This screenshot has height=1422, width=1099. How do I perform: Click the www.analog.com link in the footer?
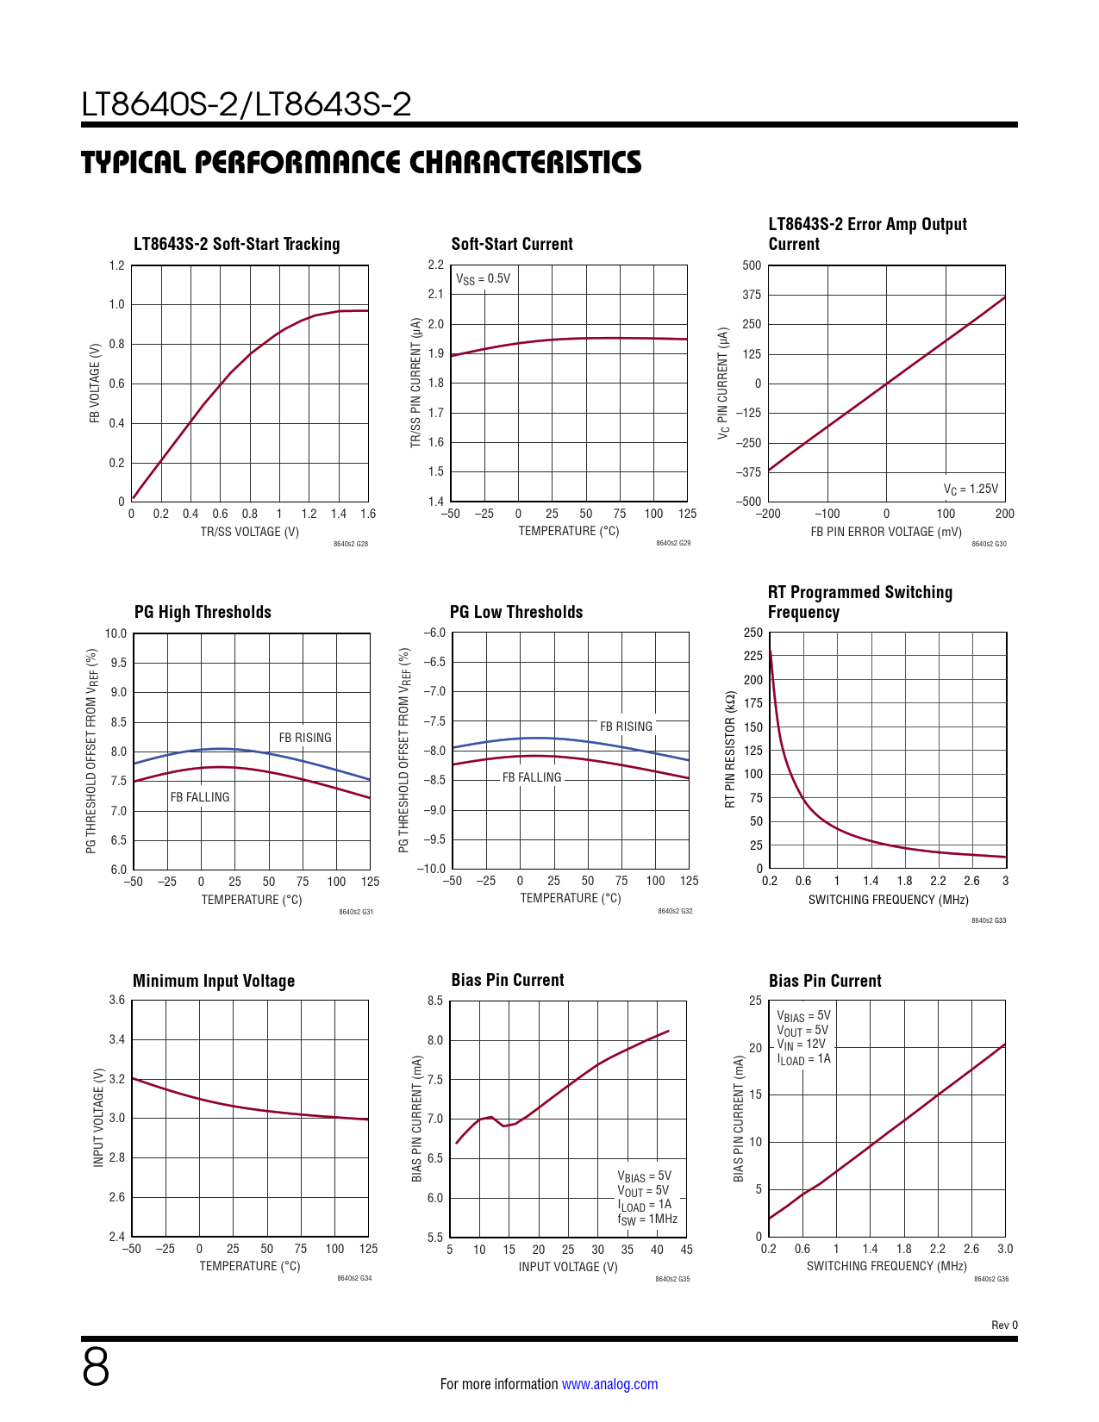(x=609, y=1384)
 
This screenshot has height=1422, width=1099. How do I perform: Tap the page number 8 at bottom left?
(x=96, y=1368)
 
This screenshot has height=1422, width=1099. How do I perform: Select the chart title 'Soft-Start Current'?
(x=512, y=244)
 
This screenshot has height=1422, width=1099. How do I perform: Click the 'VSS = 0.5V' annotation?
(x=483, y=278)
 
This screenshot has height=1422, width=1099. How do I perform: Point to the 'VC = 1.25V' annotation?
(x=971, y=489)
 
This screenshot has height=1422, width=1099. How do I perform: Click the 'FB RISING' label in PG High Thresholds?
(x=305, y=738)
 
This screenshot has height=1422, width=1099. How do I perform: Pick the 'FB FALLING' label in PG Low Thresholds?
(x=532, y=777)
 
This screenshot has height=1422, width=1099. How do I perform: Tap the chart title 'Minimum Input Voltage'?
(x=214, y=981)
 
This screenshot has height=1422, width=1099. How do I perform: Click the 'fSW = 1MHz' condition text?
(x=647, y=1219)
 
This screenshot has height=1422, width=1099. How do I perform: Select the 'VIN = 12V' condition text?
(x=801, y=1045)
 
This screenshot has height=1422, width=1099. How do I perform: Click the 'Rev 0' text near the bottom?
(x=1004, y=1325)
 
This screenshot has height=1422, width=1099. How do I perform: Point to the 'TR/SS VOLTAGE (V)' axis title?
(x=250, y=532)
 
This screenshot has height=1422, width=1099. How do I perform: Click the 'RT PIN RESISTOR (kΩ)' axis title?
(x=730, y=749)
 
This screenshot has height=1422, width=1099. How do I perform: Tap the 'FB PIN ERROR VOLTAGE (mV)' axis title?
(x=886, y=532)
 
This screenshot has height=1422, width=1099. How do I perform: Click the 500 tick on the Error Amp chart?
(x=752, y=265)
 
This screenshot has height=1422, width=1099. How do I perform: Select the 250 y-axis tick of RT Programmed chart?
(x=753, y=633)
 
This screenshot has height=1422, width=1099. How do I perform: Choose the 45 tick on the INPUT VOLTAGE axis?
(x=686, y=1250)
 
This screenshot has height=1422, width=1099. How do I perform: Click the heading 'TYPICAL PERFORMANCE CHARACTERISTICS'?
(x=361, y=162)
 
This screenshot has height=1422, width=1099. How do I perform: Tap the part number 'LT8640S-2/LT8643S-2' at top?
(x=247, y=104)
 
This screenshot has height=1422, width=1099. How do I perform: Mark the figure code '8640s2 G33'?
(x=989, y=920)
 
